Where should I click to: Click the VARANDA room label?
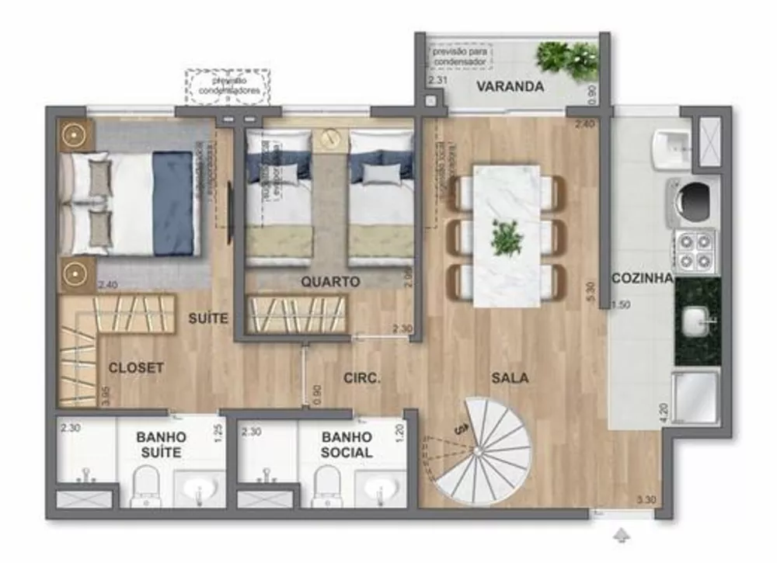coord(510,86)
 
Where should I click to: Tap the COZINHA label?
coord(642,279)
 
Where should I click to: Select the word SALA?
coord(510,378)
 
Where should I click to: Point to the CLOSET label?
coord(136,367)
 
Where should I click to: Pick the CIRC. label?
coord(361,378)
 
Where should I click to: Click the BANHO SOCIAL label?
coord(347,445)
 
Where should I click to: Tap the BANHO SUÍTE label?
coord(161,445)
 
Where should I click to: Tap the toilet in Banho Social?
coord(326,485)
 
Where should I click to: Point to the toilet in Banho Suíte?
coord(145,486)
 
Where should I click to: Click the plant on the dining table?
coord(507,238)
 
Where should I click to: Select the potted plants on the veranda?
coord(567,59)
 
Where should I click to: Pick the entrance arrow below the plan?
coord(622,535)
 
